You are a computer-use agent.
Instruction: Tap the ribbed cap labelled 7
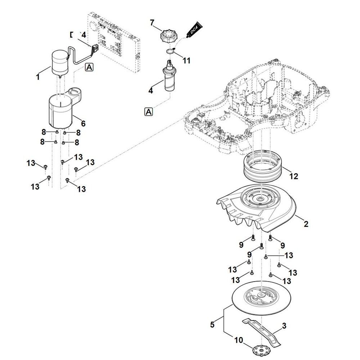168,37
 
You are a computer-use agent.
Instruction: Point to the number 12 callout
294,176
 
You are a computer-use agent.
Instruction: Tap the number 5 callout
212,325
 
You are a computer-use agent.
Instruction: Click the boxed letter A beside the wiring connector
89,67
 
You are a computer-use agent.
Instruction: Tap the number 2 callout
306,224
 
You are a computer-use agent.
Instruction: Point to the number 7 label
152,23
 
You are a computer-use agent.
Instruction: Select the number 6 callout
83,123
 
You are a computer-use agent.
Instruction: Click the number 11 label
186,60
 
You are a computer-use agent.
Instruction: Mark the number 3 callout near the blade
284,327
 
